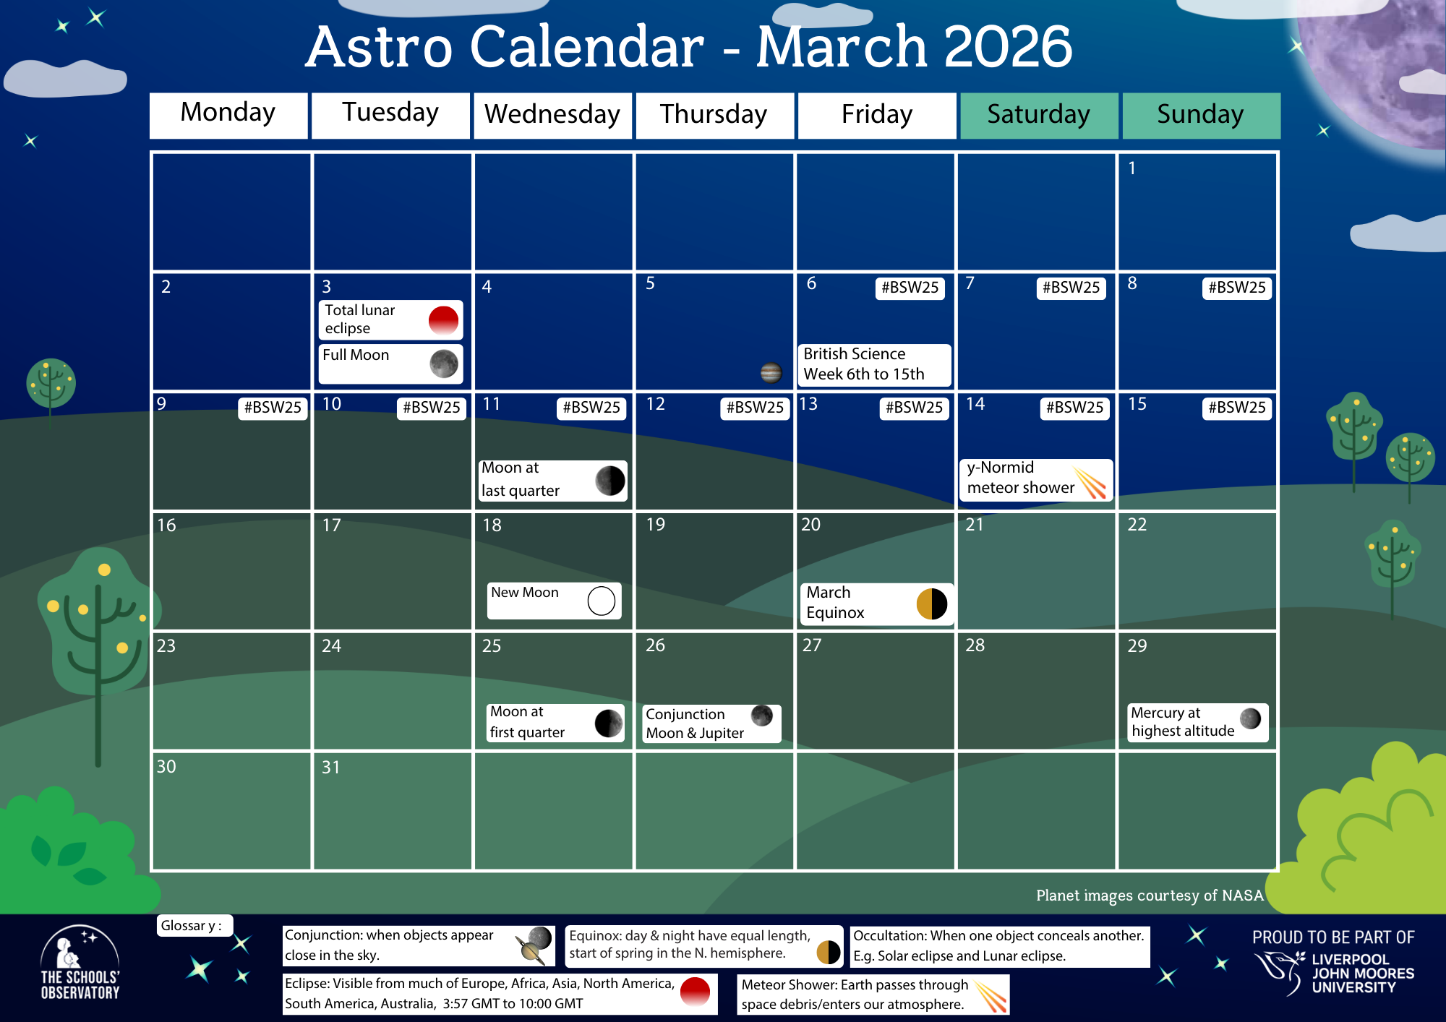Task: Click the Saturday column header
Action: [1038, 115]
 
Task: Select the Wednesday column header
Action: [552, 115]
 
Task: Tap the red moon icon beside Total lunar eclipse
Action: [443, 320]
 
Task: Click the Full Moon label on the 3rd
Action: [356, 356]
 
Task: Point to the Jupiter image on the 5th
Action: [771, 372]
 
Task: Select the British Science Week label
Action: [864, 364]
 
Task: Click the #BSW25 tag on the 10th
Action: [431, 408]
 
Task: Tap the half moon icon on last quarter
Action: [609, 480]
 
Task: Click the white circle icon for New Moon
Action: [601, 601]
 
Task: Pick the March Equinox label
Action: [836, 603]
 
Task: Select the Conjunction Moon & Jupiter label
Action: [695, 723]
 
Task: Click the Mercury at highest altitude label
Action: [1183, 722]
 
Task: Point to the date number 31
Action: [330, 768]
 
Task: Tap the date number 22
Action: [1137, 525]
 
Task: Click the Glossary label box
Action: [193, 926]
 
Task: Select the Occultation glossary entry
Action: [998, 946]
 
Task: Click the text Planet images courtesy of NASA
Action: [1150, 896]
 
